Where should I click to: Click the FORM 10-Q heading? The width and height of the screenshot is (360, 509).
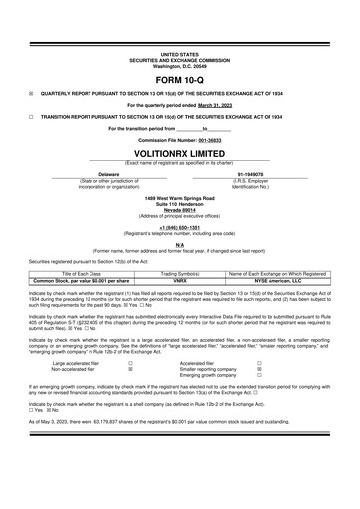pos(179,79)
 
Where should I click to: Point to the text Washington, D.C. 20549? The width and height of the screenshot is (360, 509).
pos(179,65)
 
